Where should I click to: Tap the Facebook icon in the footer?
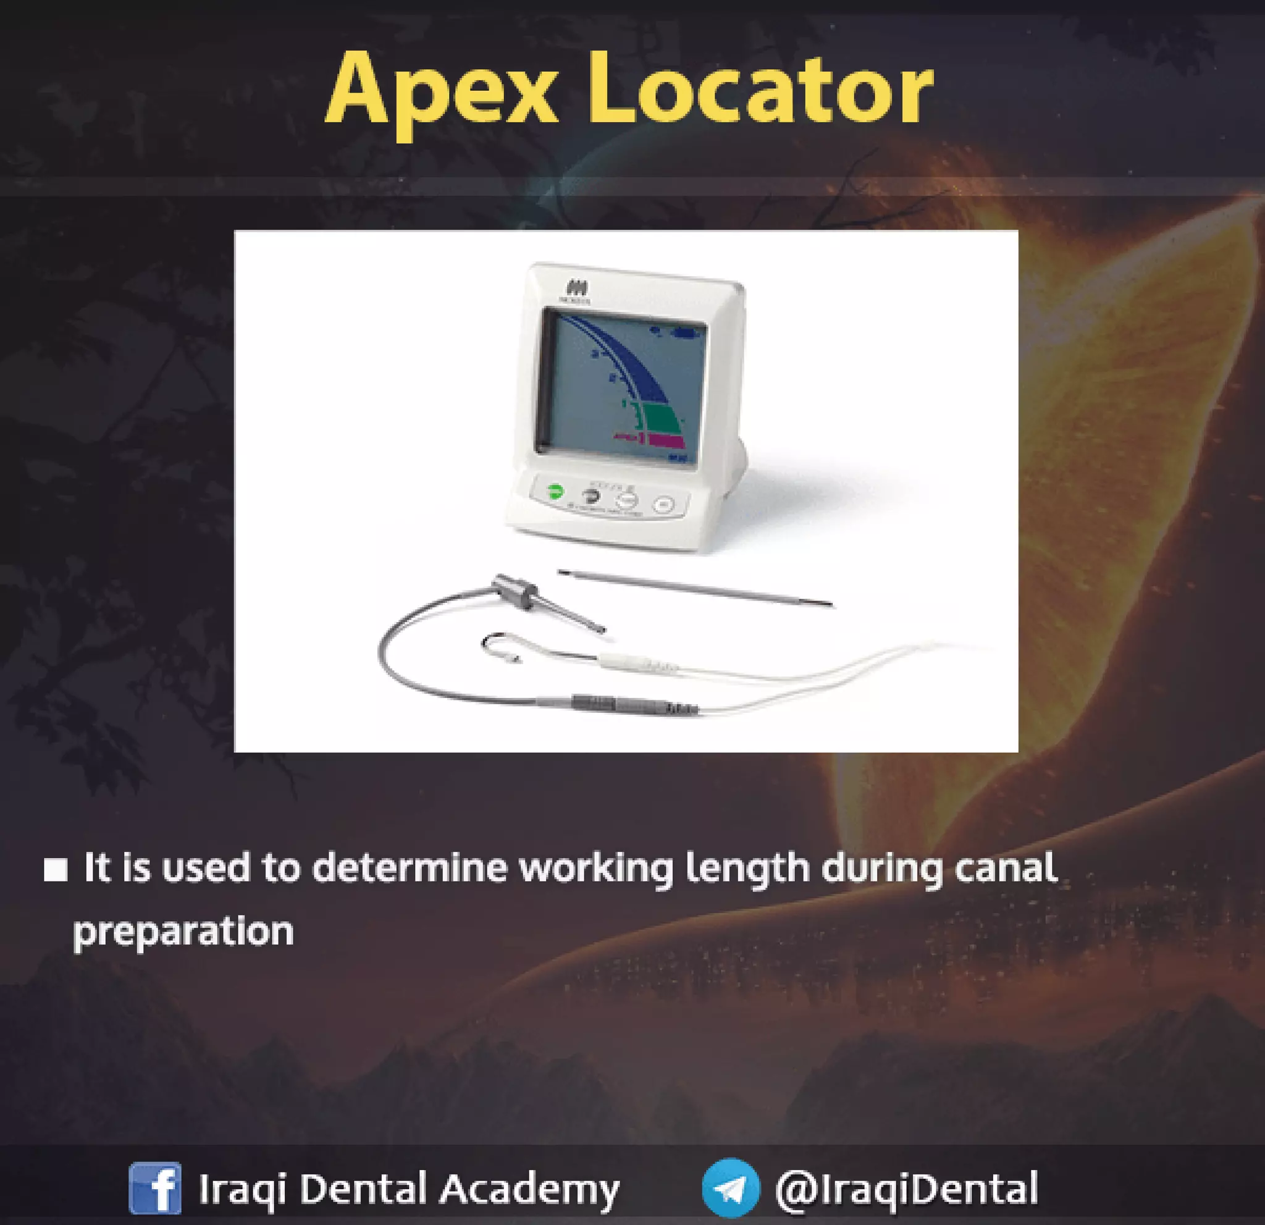click(x=155, y=1188)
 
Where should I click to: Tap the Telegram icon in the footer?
click(x=731, y=1188)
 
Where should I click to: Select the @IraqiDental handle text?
click(x=907, y=1188)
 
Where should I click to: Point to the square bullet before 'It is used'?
click(x=56, y=870)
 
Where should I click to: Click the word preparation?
click(x=183, y=932)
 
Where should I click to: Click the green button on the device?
click(x=555, y=492)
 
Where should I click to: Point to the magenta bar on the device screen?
click(x=665, y=442)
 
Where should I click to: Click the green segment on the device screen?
click(x=658, y=418)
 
